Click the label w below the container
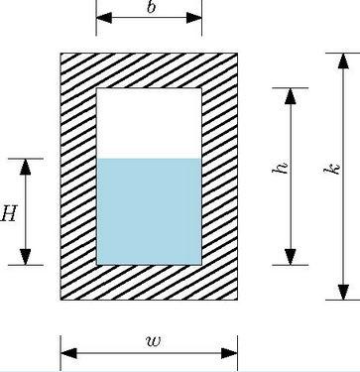pyautogui.click(x=152, y=341)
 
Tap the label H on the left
pyautogui.click(x=10, y=212)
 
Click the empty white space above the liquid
pyautogui.click(x=149, y=123)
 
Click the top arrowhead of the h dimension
pyautogui.click(x=292, y=96)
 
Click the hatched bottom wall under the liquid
pyautogui.click(x=149, y=284)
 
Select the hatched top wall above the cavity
pyautogui.click(x=149, y=69)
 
